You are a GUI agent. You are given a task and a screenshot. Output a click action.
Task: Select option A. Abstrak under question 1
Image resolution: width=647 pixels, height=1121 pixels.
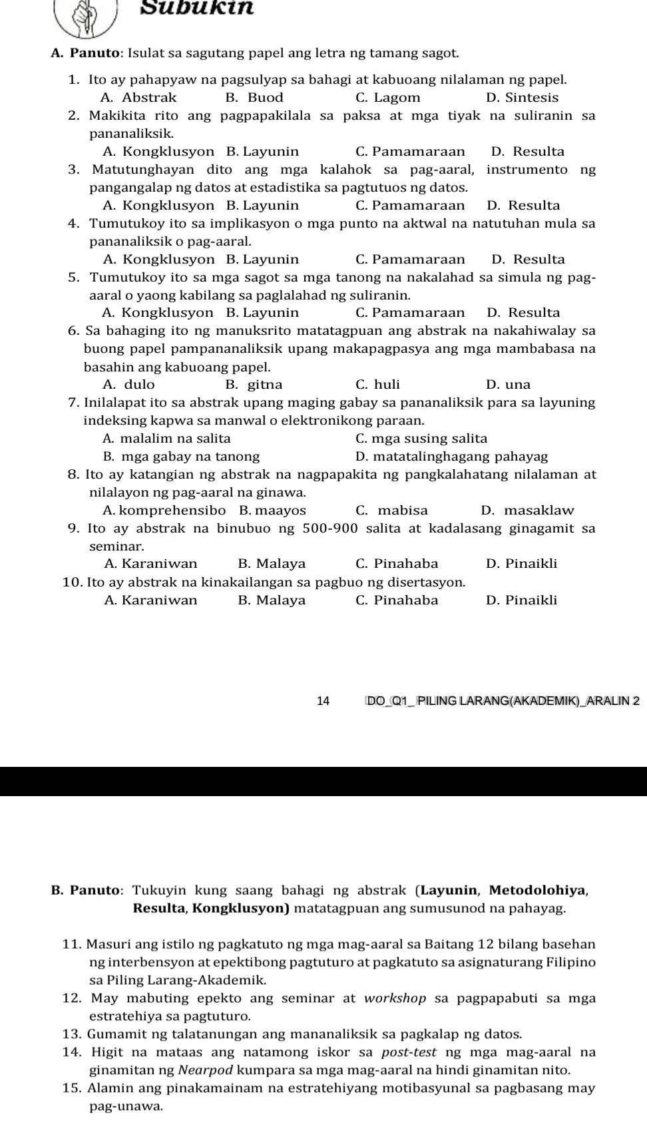(140, 98)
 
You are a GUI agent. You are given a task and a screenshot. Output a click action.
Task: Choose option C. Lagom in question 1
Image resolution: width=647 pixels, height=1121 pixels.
(387, 98)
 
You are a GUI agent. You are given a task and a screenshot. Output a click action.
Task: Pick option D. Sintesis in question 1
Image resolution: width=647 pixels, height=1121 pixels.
(522, 98)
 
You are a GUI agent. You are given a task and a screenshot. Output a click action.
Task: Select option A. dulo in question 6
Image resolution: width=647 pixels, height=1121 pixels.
(129, 384)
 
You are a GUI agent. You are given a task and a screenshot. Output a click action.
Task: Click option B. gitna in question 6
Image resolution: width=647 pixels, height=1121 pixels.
(254, 384)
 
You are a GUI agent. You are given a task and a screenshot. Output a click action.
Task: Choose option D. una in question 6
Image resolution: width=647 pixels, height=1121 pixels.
(509, 384)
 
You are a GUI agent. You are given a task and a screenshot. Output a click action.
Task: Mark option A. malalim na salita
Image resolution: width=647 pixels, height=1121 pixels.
(166, 438)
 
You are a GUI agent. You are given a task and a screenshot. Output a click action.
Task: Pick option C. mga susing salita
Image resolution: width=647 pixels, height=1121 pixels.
(421, 438)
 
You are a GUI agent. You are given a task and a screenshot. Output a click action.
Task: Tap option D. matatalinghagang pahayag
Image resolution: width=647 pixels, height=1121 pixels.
(451, 457)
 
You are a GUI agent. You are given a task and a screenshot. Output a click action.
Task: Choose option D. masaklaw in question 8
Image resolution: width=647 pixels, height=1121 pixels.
(527, 511)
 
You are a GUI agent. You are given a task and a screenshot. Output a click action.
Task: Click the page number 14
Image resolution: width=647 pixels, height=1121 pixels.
(323, 700)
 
